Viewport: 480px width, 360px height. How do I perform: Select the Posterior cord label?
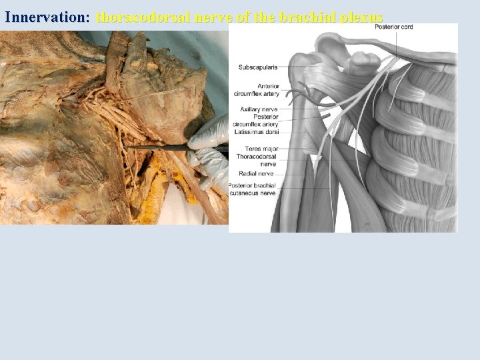click(393, 27)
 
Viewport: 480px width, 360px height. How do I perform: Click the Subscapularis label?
click(258, 67)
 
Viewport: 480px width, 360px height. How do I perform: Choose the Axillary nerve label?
click(259, 109)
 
